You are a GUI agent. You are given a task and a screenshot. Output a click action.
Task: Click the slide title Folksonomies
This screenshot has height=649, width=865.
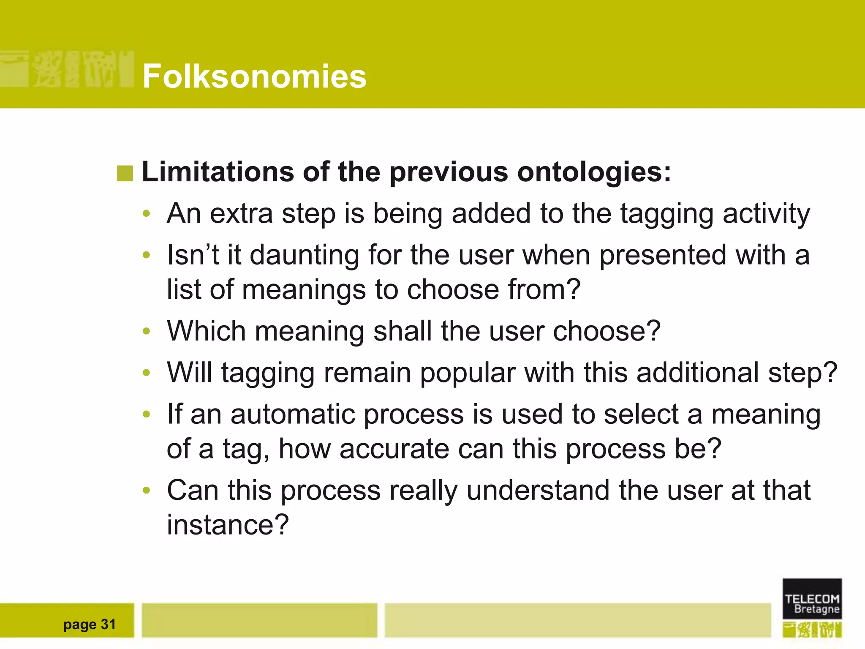(254, 76)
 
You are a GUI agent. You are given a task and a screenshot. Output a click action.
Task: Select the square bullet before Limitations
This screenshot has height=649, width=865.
(125, 173)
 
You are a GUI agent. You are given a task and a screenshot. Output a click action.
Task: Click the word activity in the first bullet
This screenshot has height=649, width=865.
(766, 214)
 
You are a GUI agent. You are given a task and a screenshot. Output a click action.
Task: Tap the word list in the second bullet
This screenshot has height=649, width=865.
(184, 289)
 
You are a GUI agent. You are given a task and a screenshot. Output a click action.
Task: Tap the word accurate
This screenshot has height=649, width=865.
(394, 449)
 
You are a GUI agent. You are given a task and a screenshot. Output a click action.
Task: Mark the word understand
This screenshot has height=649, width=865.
(538, 490)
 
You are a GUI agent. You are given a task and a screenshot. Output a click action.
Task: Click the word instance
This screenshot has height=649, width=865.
(227, 525)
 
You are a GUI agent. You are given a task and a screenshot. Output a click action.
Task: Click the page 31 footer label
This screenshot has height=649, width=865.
(90, 624)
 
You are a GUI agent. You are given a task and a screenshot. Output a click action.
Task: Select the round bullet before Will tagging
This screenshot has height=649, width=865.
(146, 373)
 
